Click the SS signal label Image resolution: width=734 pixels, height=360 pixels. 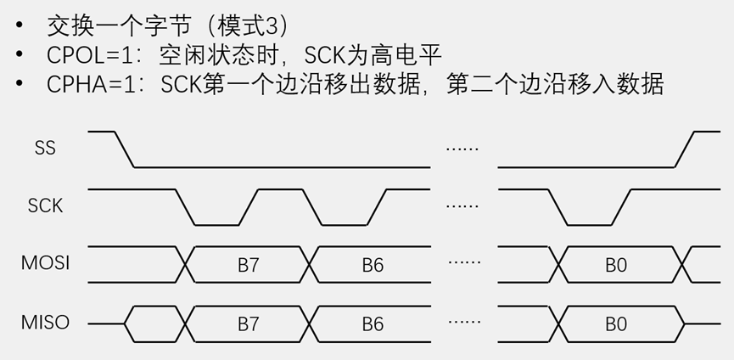click(45, 148)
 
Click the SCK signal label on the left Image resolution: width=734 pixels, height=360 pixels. click(45, 205)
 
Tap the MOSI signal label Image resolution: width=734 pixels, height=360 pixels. click(45, 263)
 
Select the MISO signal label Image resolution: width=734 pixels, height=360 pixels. click(45, 323)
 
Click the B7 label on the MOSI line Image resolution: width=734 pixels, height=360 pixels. click(248, 265)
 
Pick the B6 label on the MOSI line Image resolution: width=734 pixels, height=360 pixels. click(373, 265)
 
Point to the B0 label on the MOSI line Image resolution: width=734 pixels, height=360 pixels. click(616, 265)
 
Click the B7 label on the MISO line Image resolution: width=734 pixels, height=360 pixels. click(248, 323)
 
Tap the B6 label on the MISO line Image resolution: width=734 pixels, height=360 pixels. click(373, 323)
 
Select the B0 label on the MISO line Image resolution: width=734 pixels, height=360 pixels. click(616, 323)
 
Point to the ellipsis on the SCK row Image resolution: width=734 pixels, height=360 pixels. click(462, 205)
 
